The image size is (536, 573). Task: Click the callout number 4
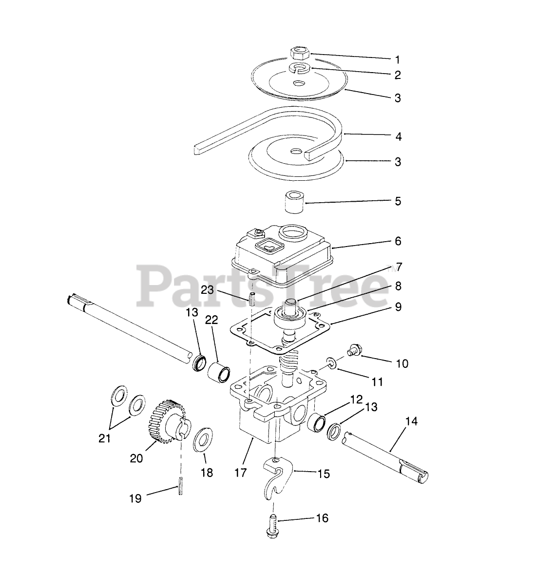point(398,136)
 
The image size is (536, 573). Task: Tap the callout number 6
point(398,241)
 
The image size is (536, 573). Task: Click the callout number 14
point(411,421)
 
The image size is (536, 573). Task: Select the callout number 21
point(104,438)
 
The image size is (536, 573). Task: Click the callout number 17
point(241,472)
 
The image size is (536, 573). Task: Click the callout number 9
point(398,307)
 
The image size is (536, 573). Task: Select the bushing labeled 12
point(318,421)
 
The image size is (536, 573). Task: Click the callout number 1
point(398,60)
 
